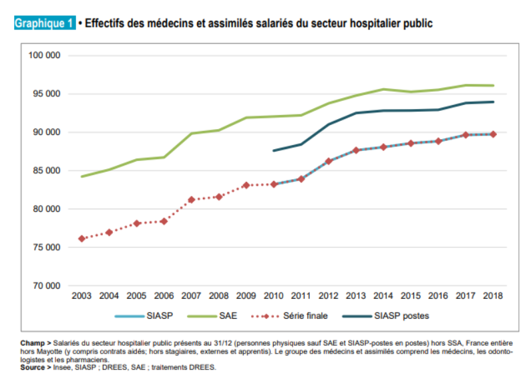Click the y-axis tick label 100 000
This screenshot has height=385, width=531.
(45, 55)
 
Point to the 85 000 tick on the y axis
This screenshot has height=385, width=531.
(45, 170)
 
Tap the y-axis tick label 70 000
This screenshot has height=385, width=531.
(45, 286)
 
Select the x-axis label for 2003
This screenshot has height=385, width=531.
(81, 295)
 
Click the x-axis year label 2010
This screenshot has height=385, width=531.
(274, 295)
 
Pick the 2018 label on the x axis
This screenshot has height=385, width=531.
(493, 295)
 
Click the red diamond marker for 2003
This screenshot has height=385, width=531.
(81, 239)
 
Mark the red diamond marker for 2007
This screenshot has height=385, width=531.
(192, 200)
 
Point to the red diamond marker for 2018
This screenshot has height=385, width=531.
(493, 134)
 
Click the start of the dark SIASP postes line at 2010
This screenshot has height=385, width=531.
(274, 150)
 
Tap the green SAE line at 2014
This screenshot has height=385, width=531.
(383, 89)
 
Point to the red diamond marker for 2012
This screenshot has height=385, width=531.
(329, 161)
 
